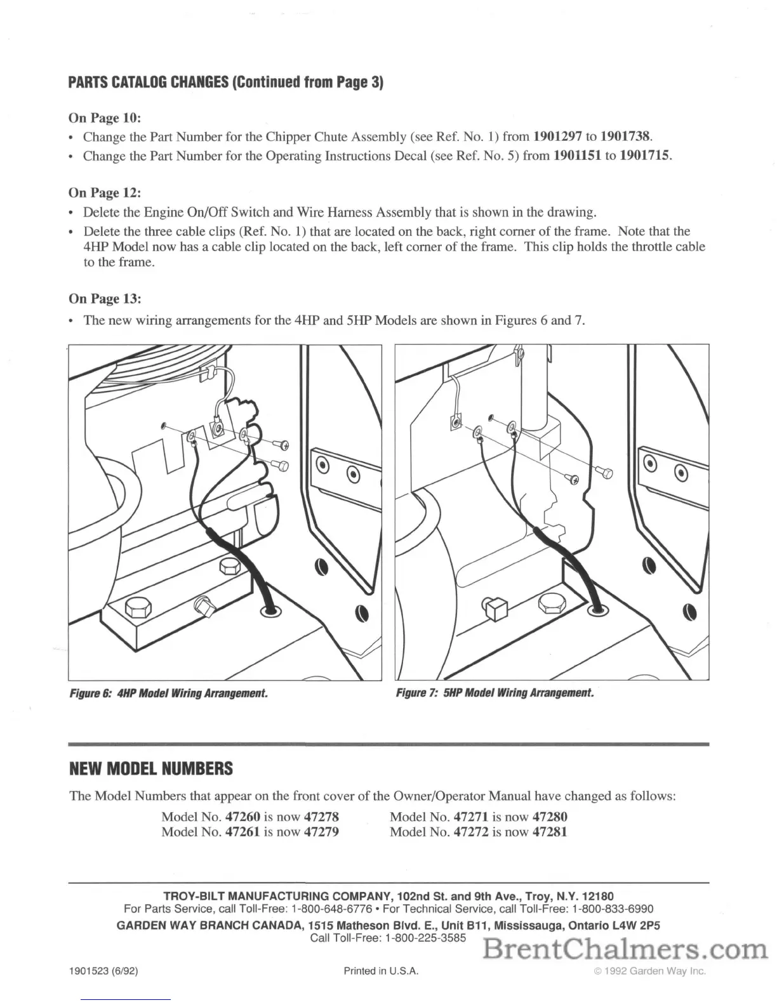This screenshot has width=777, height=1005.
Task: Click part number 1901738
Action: pos(625,136)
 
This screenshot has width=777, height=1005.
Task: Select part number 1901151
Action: pos(577,155)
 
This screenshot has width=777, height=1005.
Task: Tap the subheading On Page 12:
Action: pos(104,192)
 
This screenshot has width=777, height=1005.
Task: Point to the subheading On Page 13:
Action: pos(104,298)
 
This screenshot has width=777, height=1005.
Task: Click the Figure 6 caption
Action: pos(168,693)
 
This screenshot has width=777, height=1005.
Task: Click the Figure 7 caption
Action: pos(495,693)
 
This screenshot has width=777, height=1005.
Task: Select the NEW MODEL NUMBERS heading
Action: pos(150,769)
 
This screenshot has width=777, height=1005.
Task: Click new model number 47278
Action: pos(321,817)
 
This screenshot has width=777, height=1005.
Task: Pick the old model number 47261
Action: pos(242,832)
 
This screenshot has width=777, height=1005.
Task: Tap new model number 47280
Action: pos(550,817)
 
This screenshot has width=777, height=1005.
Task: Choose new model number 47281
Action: pos(550,832)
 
